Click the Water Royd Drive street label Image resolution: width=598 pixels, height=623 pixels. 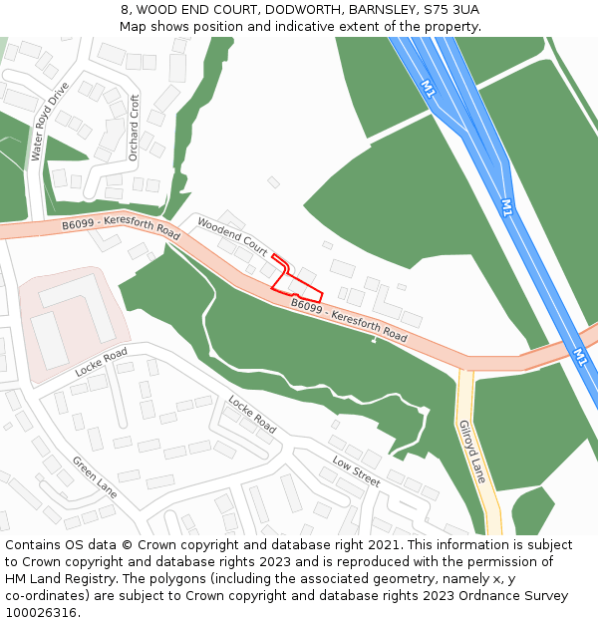[48, 122]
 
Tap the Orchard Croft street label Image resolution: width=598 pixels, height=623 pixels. [135, 128]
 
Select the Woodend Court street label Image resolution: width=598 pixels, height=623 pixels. [232, 234]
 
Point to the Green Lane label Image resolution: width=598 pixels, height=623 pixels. [94, 477]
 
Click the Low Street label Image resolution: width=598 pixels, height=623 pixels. [356, 471]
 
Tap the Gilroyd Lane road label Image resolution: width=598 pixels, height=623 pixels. [471, 452]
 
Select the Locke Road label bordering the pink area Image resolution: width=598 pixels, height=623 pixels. [101, 362]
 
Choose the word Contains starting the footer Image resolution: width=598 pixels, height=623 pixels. [34, 545]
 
